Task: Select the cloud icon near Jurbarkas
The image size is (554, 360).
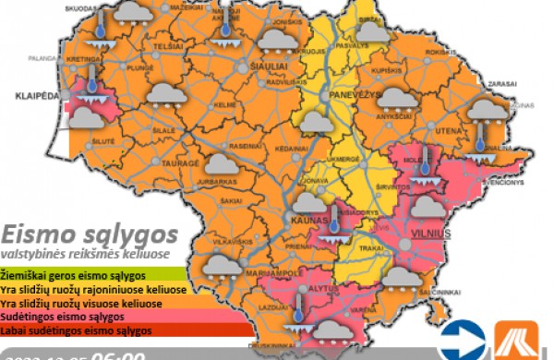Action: tap(219, 164)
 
